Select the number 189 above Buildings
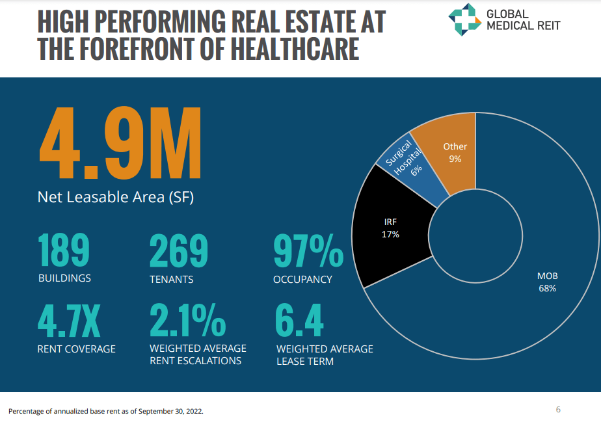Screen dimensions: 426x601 pos(64,250)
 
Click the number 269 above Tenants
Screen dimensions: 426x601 pos(179,250)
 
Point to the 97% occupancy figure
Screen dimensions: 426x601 pos(308,250)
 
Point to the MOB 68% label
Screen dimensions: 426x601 pos(547,282)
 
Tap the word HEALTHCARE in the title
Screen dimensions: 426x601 pos(299,49)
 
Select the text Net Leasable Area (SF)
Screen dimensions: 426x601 pos(115,196)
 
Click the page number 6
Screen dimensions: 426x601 pos(558,409)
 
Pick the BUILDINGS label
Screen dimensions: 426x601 pos(64,278)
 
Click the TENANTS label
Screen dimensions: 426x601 pos(171,280)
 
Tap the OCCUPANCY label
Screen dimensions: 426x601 pos(302,280)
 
